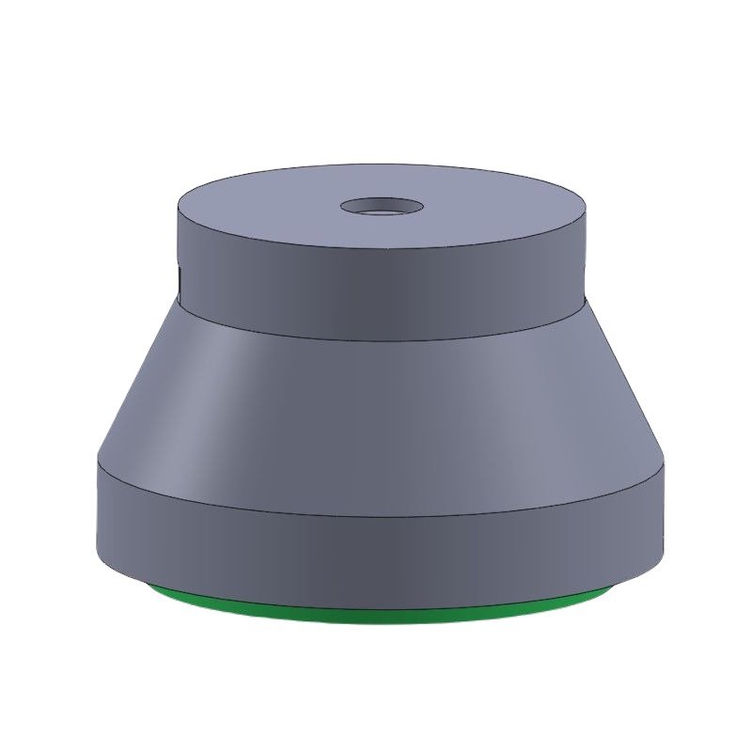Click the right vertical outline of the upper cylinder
click(585, 254)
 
